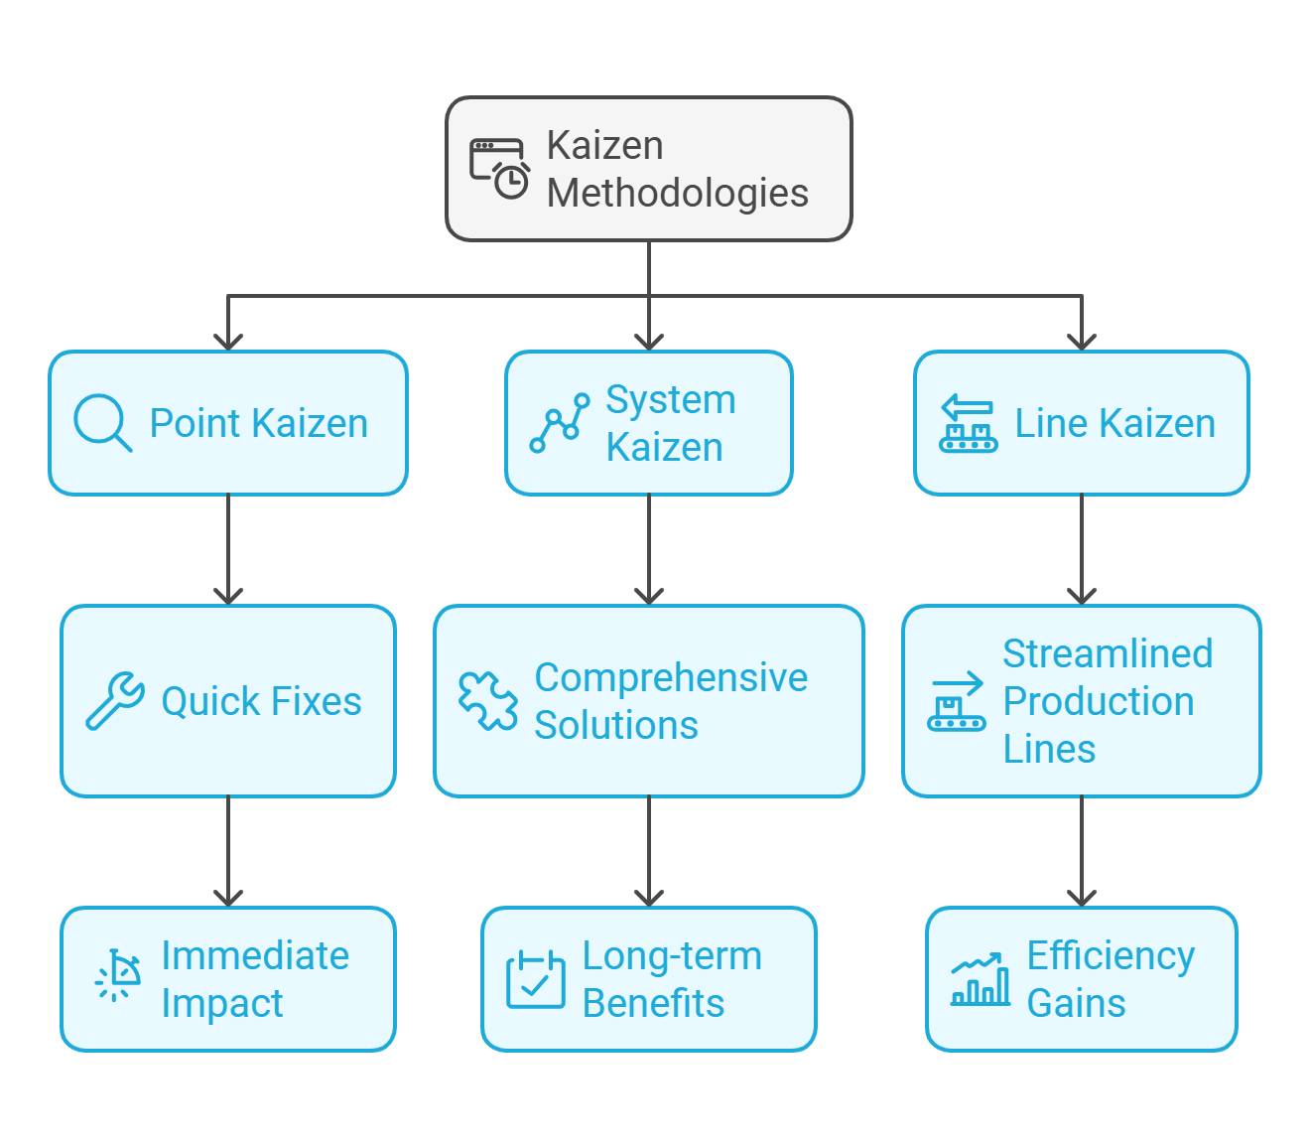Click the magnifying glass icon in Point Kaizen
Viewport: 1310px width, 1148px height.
[102, 423]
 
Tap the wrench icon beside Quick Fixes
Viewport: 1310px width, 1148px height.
[114, 701]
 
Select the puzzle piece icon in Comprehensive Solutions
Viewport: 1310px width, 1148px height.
[487, 701]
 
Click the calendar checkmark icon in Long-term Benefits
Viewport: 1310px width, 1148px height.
[535, 979]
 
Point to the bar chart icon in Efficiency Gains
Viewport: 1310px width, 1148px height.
[980, 979]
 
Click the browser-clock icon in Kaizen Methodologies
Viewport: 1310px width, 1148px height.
[499, 169]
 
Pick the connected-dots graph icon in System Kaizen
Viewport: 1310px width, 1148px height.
[559, 423]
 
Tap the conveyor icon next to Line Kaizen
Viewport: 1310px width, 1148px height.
[968, 423]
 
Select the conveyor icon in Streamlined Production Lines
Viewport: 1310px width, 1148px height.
[956, 701]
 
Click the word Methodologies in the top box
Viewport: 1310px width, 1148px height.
[677, 193]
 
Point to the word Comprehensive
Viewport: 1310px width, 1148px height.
[671, 677]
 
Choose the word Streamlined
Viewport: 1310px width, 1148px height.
[1107, 653]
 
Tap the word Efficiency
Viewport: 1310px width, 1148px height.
[1111, 955]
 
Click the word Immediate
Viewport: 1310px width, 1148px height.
[255, 955]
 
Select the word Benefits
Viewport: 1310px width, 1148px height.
[653, 1003]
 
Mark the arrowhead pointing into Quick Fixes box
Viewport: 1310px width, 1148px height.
[228, 596]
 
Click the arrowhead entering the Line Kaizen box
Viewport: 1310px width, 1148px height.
[1082, 342]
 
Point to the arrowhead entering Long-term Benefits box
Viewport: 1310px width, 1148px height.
[649, 898]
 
